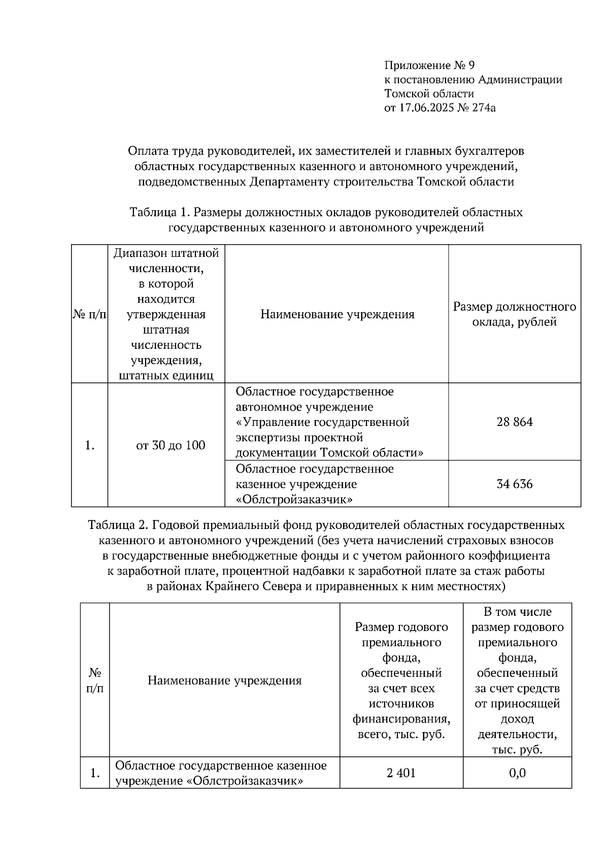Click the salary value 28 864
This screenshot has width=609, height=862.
click(514, 422)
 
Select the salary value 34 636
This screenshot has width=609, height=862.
click(514, 484)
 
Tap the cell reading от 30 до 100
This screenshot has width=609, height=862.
click(171, 445)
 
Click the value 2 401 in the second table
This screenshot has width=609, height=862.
click(401, 773)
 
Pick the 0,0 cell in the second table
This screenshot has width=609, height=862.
click(517, 773)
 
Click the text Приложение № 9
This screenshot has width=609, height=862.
click(429, 65)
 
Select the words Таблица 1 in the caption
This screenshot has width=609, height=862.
click(158, 212)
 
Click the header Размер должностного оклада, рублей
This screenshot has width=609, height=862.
click(514, 314)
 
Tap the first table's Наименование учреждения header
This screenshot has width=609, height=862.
click(337, 314)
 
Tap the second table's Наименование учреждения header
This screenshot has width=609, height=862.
click(224, 680)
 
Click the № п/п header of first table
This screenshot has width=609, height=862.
click(90, 314)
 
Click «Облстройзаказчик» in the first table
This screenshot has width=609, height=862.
click(294, 500)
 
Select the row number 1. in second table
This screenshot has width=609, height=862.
click(95, 773)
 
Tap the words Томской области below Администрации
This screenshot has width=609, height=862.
click(429, 93)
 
